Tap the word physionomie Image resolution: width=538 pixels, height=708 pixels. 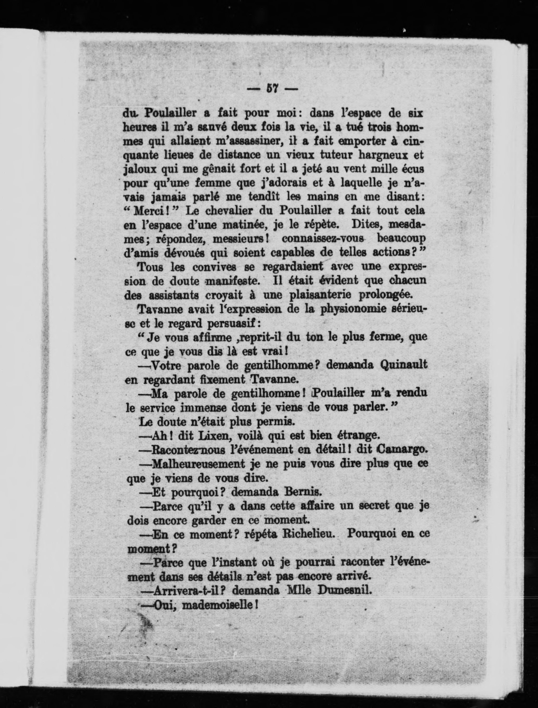[x=349, y=309]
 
